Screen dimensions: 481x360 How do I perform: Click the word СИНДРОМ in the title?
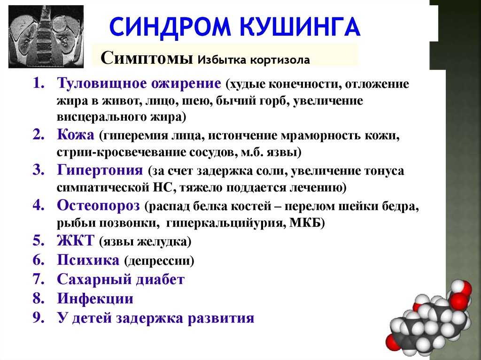170,27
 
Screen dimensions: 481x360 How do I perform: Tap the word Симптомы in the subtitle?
147,58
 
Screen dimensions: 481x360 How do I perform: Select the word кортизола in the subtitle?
280,60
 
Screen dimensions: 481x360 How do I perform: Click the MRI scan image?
46,37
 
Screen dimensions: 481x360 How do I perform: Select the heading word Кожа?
76,135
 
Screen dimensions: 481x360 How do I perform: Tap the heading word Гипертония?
100,170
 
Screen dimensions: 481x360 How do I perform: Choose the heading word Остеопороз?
98,206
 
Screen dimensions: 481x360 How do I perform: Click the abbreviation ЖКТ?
76,240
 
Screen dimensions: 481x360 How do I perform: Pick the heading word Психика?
88,260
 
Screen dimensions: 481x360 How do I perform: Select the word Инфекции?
95,299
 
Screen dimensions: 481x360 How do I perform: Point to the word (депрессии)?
159,261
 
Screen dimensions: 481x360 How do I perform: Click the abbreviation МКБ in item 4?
307,223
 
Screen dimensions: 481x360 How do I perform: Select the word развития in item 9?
221,318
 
